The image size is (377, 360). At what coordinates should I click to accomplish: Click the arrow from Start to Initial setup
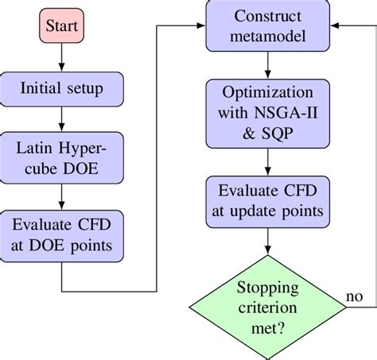[x=61, y=63]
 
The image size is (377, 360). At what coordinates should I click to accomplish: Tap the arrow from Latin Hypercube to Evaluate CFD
[x=61, y=195]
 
